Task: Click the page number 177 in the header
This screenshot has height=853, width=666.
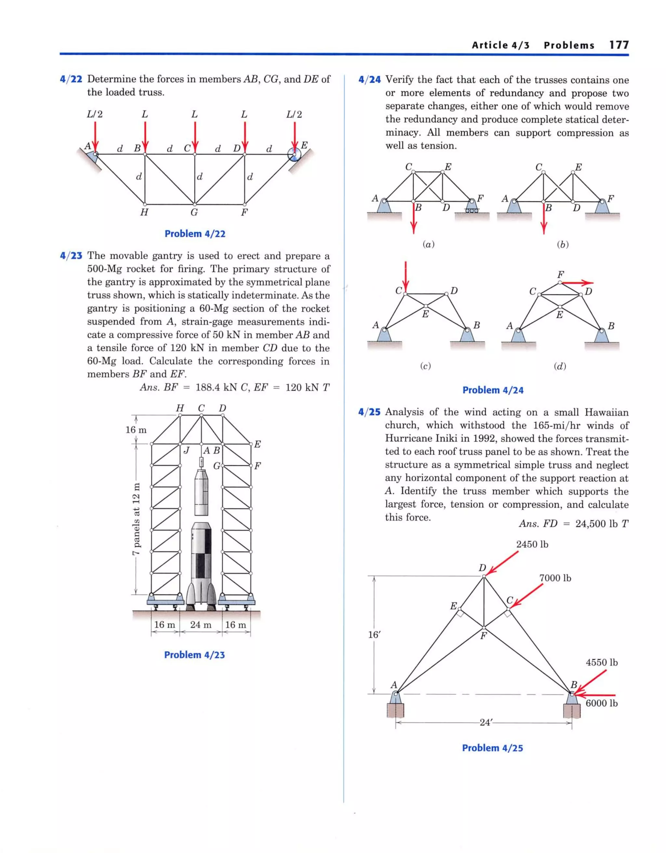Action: (x=619, y=45)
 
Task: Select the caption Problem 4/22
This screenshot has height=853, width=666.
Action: (x=195, y=233)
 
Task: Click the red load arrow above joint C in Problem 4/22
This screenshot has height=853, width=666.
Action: (x=194, y=135)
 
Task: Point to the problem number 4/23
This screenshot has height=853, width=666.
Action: (x=71, y=256)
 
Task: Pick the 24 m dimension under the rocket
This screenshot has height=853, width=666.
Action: (x=201, y=624)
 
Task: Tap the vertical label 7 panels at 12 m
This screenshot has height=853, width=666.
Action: (x=136, y=519)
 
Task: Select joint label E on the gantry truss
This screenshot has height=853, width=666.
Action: (x=258, y=444)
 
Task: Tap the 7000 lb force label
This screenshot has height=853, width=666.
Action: (x=555, y=578)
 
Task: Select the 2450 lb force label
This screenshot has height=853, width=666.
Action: (x=532, y=544)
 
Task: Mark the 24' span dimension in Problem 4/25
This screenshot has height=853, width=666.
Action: (x=485, y=722)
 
